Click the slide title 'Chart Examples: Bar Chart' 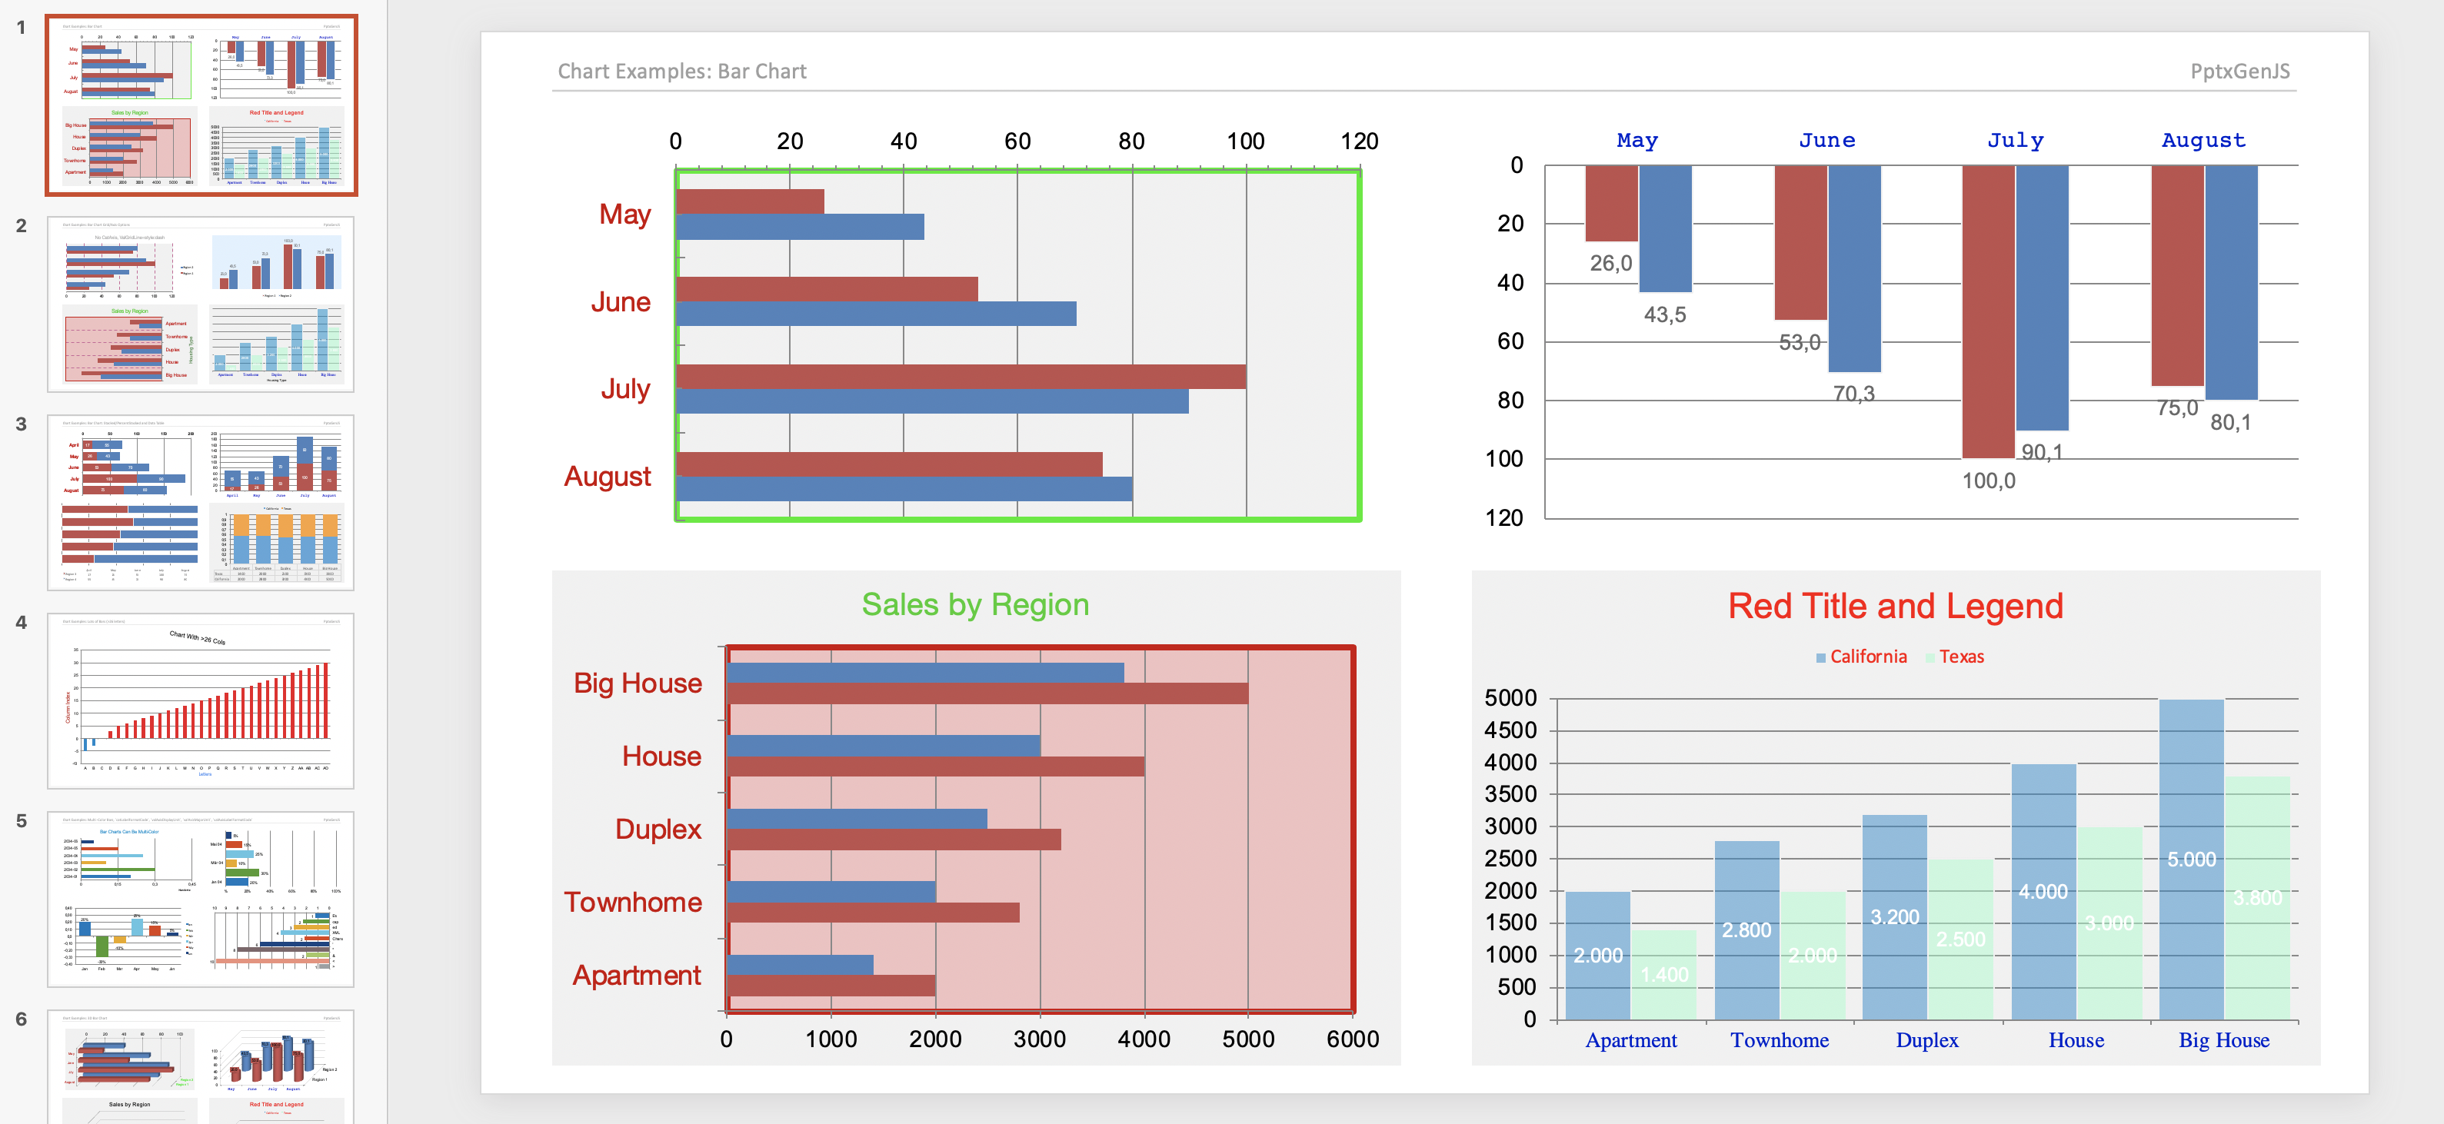[x=681, y=71]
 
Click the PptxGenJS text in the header [x=2239, y=71]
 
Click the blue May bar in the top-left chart [x=799, y=227]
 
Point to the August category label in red [x=608, y=476]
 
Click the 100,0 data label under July [x=1989, y=481]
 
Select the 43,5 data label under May [x=1664, y=315]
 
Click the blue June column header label [x=1826, y=141]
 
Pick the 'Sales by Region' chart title [x=974, y=604]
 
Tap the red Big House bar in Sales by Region [x=987, y=693]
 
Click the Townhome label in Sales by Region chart [x=633, y=902]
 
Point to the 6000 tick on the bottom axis [x=1352, y=1039]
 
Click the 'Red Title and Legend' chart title [x=1895, y=606]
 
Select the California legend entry [x=1866, y=657]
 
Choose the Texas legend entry [x=1960, y=657]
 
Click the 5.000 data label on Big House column [x=2191, y=860]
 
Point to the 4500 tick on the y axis [x=1510, y=730]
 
